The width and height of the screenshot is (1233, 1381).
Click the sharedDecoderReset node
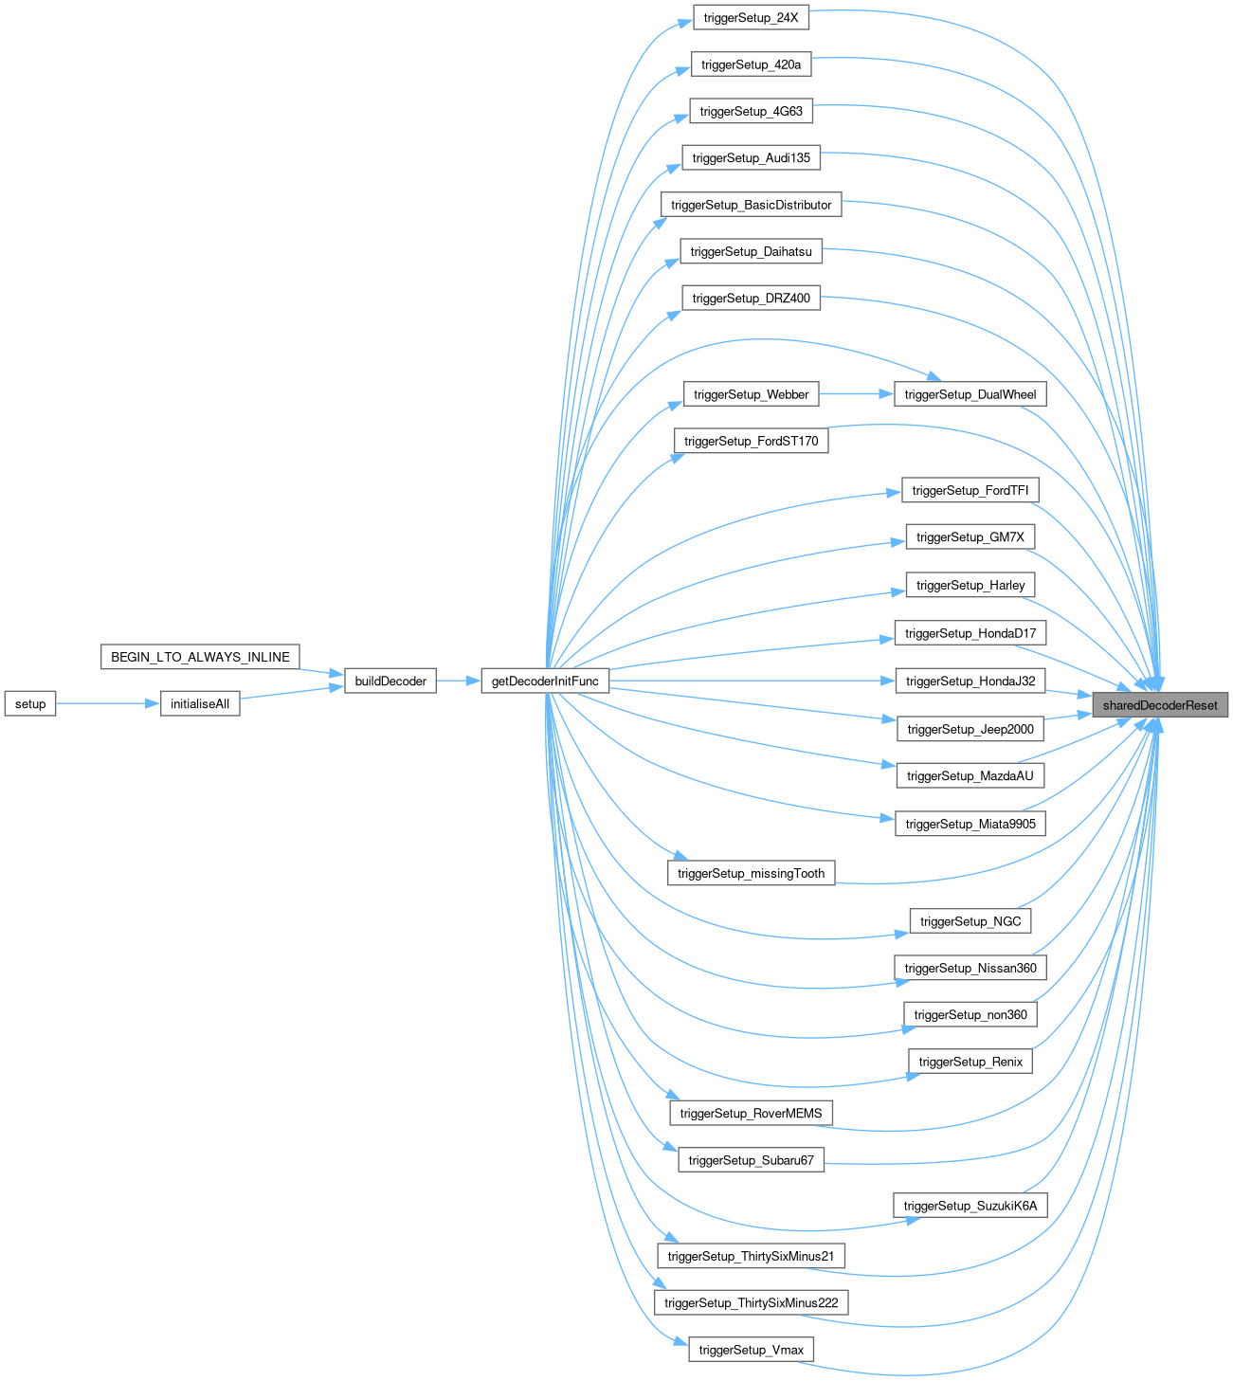(x=1160, y=705)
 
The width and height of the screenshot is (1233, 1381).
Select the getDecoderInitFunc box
(x=545, y=681)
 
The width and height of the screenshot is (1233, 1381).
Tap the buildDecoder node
(x=390, y=681)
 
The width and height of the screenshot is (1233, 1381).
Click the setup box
(x=30, y=703)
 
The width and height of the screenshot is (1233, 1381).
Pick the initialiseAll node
(x=200, y=703)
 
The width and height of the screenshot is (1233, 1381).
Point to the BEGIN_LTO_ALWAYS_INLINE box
(x=200, y=657)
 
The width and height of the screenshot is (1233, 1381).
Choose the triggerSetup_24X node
(x=751, y=18)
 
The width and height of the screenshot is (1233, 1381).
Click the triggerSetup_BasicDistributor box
(x=751, y=205)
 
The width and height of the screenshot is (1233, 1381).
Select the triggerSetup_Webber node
(x=751, y=394)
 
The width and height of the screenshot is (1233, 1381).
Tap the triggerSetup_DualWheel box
(x=970, y=394)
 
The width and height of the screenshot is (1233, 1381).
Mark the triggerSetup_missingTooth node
(x=751, y=873)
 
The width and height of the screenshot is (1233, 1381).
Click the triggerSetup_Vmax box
(x=751, y=1350)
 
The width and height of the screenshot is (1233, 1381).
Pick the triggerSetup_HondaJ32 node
(x=970, y=681)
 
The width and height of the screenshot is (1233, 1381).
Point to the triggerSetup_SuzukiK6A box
(x=970, y=1206)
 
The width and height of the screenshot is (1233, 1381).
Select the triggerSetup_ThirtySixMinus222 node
(x=751, y=1302)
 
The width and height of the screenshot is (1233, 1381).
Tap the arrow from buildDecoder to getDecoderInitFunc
(x=459, y=681)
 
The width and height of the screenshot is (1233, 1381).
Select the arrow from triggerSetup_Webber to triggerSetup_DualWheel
(x=856, y=394)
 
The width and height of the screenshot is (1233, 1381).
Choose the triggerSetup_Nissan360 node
(x=970, y=968)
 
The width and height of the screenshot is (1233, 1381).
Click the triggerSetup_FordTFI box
(x=970, y=490)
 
